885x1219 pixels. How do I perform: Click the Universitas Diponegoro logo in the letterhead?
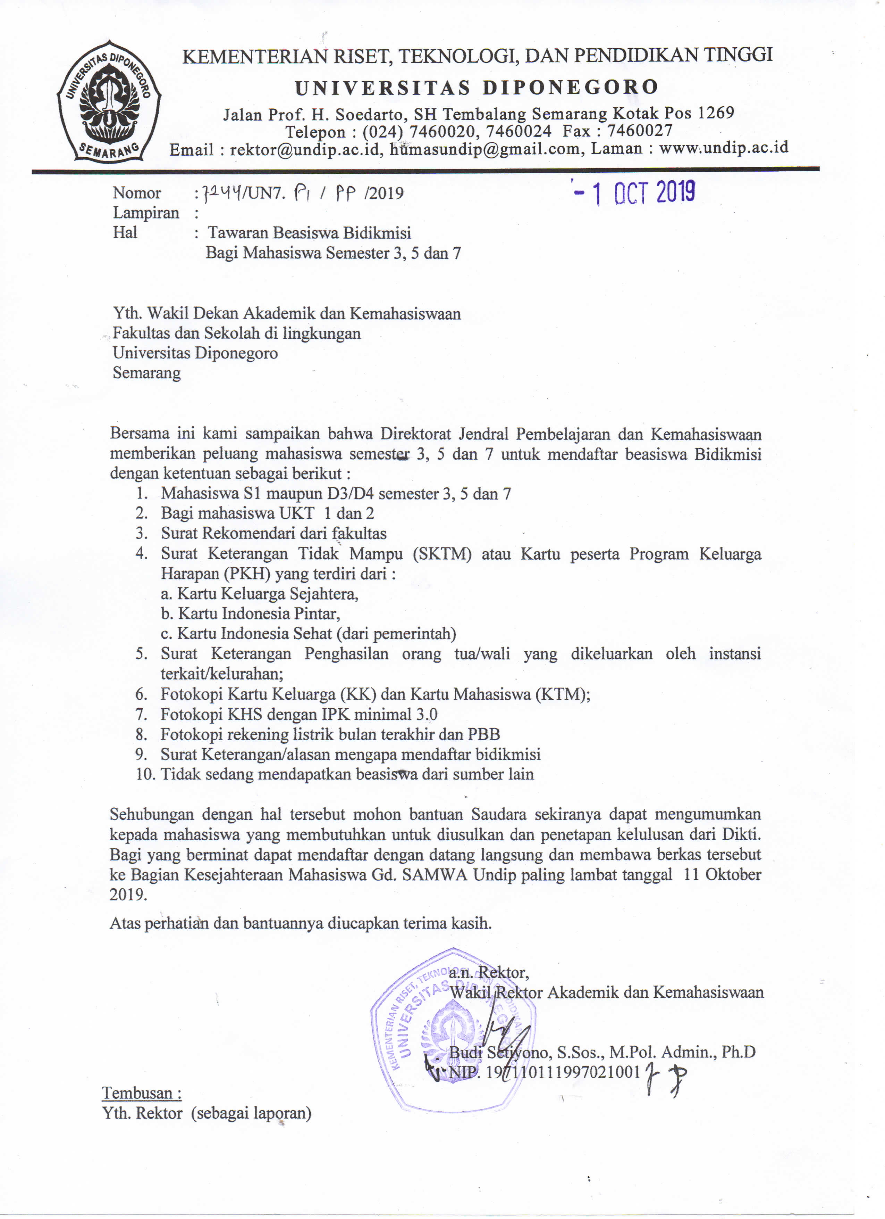click(x=109, y=101)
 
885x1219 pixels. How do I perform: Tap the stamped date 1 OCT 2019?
click(x=634, y=192)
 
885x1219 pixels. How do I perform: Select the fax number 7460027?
click(x=640, y=131)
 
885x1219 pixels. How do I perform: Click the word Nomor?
click(x=136, y=193)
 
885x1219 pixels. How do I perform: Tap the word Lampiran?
click(x=145, y=213)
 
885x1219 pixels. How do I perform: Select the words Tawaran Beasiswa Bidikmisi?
click(x=309, y=233)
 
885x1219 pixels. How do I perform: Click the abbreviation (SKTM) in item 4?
click(x=441, y=554)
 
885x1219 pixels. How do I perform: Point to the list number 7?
click(x=141, y=714)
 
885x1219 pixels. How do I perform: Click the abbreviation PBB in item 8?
click(x=484, y=734)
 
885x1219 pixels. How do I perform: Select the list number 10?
click(x=145, y=774)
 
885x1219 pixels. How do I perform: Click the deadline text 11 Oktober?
click(x=722, y=874)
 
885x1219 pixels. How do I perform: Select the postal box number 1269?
click(x=715, y=113)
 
